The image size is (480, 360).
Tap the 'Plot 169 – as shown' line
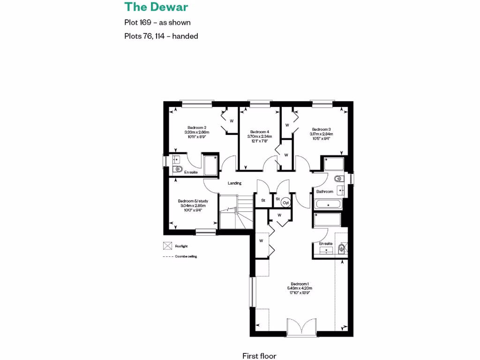tap(157, 22)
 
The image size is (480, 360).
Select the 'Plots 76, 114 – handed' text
tap(161, 36)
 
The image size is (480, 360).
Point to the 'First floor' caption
tap(262, 356)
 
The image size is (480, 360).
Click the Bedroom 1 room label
tap(300, 284)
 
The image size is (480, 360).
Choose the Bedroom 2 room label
tap(197, 127)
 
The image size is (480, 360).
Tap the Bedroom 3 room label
tap(322, 129)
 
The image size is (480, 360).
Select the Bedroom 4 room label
tap(260, 132)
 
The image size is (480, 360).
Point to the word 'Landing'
tap(234, 183)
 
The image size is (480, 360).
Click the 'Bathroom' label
tap(324, 192)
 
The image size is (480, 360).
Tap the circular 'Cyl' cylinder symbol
tap(285, 202)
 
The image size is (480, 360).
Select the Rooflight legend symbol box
tap(167, 246)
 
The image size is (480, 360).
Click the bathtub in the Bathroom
tap(329, 204)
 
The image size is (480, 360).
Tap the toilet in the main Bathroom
tap(338, 179)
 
